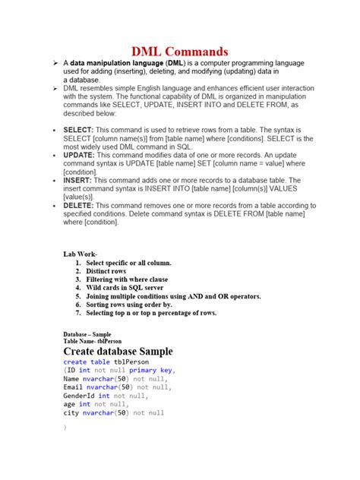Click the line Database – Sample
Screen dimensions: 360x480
(x=87, y=333)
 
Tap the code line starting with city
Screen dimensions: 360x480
(x=113, y=413)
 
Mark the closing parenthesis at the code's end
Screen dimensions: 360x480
(x=65, y=428)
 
